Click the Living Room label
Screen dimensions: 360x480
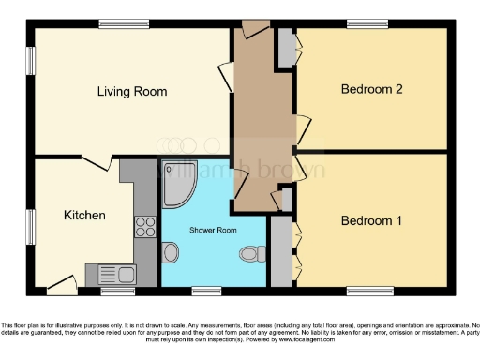pyautogui.click(x=132, y=92)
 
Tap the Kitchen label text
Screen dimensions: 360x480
pyautogui.click(x=84, y=216)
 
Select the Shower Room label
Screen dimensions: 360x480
pyautogui.click(x=213, y=230)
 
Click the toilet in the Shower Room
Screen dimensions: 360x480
pyautogui.click(x=250, y=254)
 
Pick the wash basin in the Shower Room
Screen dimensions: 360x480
pyautogui.click(x=171, y=252)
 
